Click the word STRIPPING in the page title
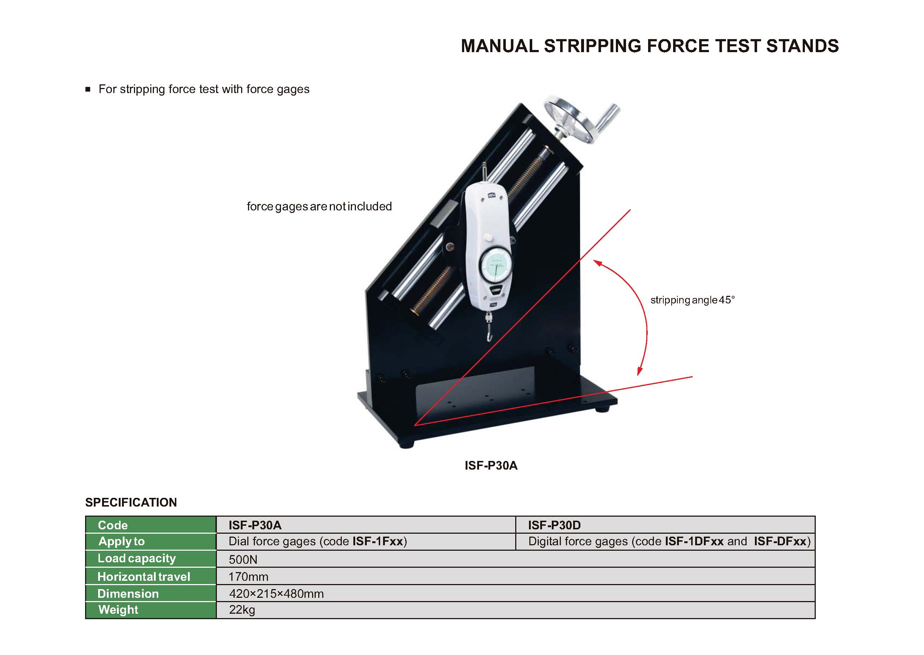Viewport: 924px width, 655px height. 592,46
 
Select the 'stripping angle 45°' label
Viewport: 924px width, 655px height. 693,300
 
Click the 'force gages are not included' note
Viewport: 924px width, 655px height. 319,206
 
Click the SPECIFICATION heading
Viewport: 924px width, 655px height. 131,502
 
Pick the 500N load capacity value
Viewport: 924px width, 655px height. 243,559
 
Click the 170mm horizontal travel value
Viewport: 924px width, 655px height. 248,577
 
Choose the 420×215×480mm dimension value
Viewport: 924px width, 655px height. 276,594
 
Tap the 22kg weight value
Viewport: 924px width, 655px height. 242,610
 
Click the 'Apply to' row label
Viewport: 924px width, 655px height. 121,541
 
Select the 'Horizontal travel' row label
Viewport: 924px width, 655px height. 144,577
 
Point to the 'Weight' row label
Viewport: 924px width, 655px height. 118,610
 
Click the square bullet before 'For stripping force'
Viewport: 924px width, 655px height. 88,89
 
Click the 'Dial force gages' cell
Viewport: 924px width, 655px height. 318,541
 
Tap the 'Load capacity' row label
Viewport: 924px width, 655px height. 137,559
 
